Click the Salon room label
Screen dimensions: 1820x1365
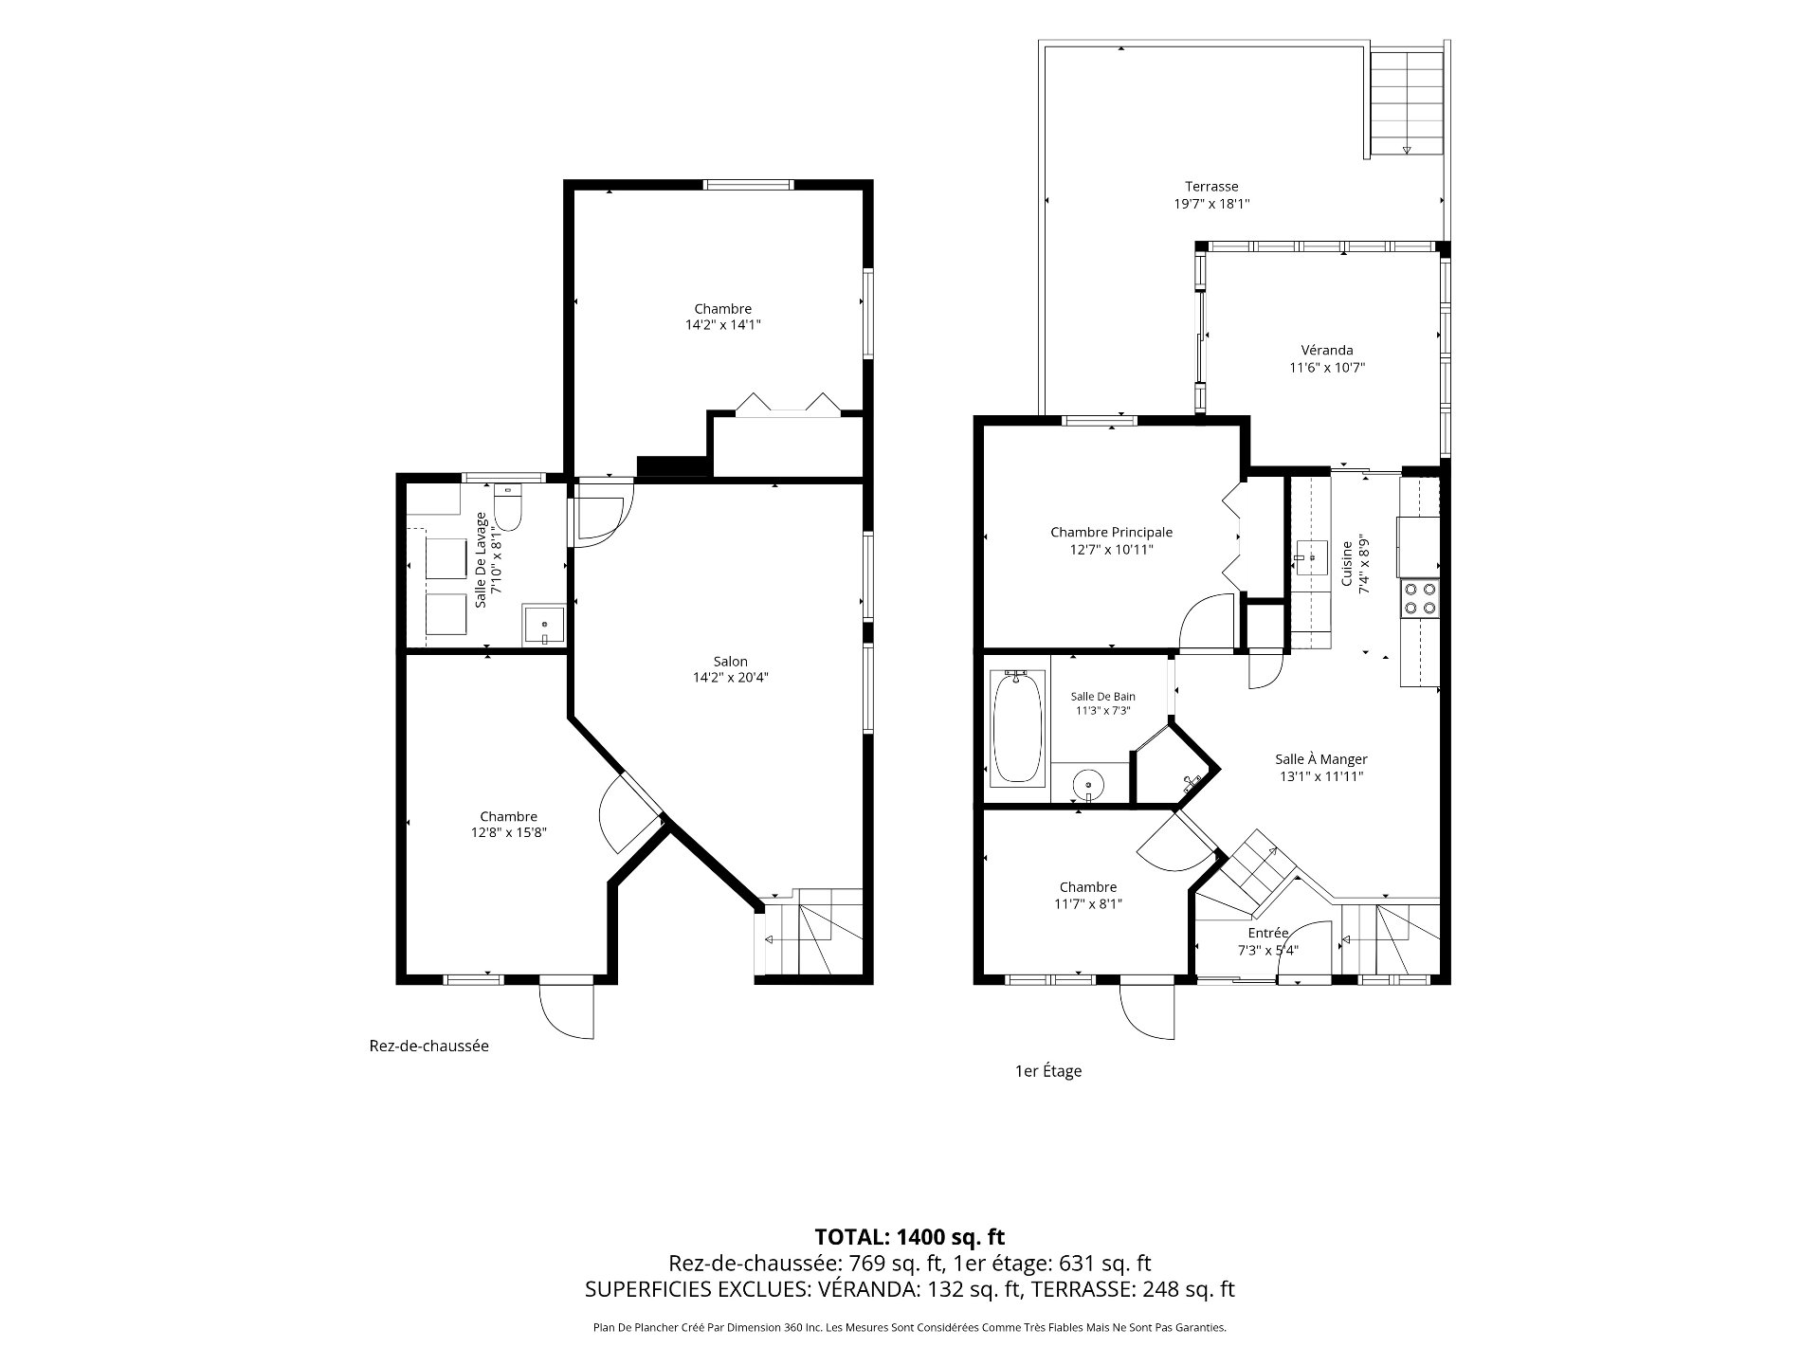pos(730,662)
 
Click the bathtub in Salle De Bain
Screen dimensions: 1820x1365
pos(1017,727)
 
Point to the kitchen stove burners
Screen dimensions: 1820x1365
pos(1419,597)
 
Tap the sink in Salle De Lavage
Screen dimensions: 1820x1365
pos(544,627)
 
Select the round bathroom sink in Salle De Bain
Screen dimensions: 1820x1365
pos(1088,785)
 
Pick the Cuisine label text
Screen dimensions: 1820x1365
pos(1346,563)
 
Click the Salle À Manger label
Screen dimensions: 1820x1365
pos(1320,759)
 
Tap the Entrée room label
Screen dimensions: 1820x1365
pos(1268,933)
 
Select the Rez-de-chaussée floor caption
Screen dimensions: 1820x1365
pos(428,1046)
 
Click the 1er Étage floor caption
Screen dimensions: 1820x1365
pos(1047,1071)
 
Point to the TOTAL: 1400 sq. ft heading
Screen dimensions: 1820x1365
pos(909,1236)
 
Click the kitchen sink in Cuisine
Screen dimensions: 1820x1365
pos(1312,556)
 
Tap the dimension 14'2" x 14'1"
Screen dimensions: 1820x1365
pos(723,325)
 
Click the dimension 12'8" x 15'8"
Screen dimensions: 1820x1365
pos(508,833)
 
